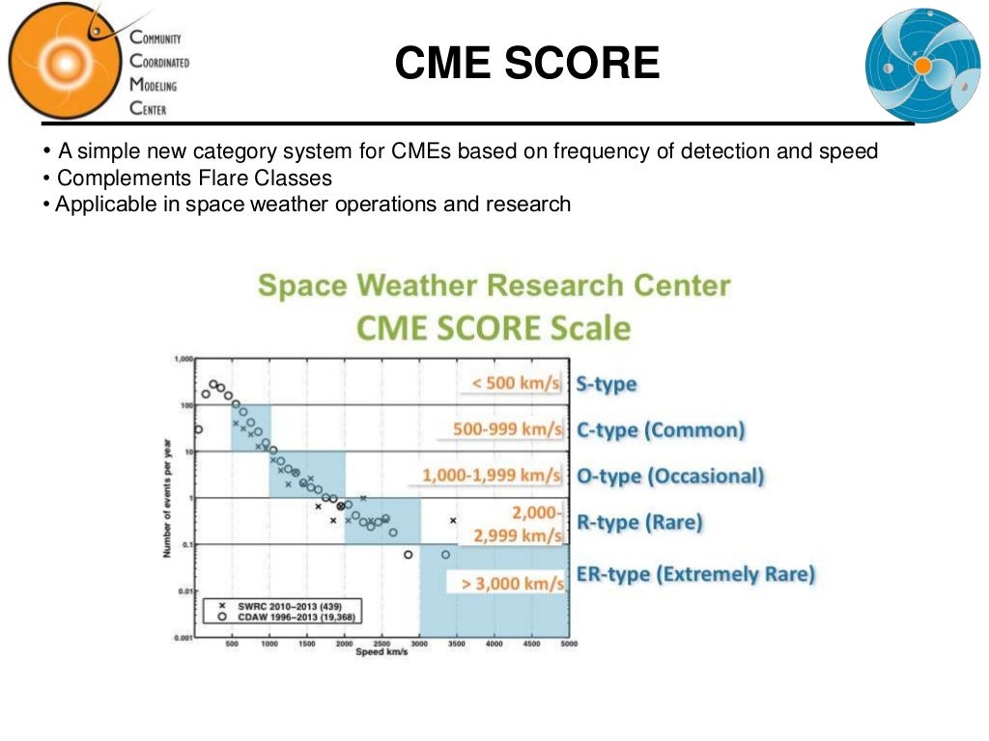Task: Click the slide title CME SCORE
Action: coord(527,65)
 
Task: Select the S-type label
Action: coord(607,384)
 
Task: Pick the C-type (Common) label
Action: coord(661,430)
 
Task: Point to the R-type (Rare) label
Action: coord(639,523)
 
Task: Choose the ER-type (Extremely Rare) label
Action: coord(695,574)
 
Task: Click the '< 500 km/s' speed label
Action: coord(516,384)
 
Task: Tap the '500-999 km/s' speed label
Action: coord(507,430)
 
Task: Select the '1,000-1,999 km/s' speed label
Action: coord(492,476)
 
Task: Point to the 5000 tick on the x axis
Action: coord(568,644)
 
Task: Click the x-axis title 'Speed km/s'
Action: coord(381,653)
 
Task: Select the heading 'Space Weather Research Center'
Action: coord(494,286)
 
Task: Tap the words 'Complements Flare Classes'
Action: coord(194,178)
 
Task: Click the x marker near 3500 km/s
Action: coord(452,521)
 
